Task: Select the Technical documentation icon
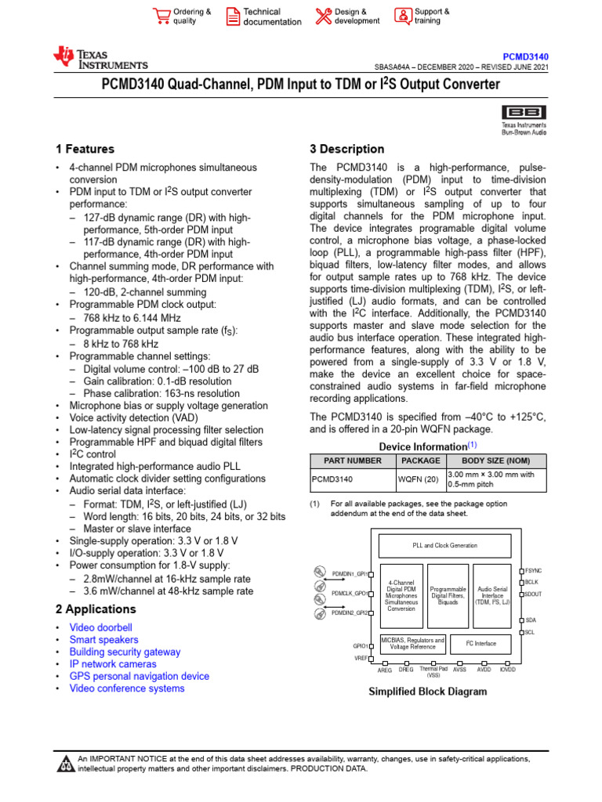(x=233, y=16)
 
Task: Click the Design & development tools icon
(x=323, y=16)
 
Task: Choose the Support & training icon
(x=402, y=16)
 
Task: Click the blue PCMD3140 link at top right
(x=525, y=57)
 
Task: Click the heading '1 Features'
(x=85, y=149)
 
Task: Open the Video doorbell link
(x=100, y=627)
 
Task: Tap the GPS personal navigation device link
(x=139, y=676)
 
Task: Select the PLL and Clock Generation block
(x=444, y=545)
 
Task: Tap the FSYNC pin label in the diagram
(x=534, y=571)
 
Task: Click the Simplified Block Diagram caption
(x=427, y=692)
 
